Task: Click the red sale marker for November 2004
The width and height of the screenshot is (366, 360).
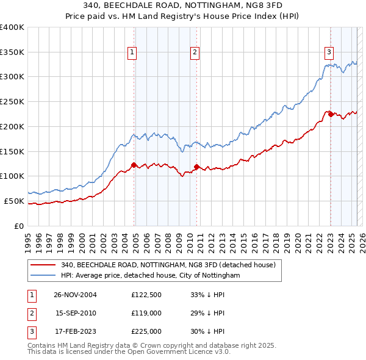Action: click(134, 164)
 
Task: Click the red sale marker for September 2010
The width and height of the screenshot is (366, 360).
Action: click(196, 166)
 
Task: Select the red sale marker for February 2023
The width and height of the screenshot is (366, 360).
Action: click(330, 113)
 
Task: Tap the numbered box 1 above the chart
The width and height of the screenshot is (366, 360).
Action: click(132, 53)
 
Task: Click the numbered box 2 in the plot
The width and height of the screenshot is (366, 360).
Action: click(195, 53)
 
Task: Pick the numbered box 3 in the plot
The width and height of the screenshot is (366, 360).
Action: click(329, 52)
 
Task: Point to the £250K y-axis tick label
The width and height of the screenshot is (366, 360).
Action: click(12, 101)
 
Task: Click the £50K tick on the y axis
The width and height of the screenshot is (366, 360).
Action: click(14, 201)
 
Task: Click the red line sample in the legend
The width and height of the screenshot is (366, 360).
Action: click(43, 265)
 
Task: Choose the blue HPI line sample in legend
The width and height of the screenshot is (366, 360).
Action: click(43, 276)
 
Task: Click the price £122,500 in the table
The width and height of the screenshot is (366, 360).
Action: click(146, 295)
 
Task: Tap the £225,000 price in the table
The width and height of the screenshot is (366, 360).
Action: click(146, 332)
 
